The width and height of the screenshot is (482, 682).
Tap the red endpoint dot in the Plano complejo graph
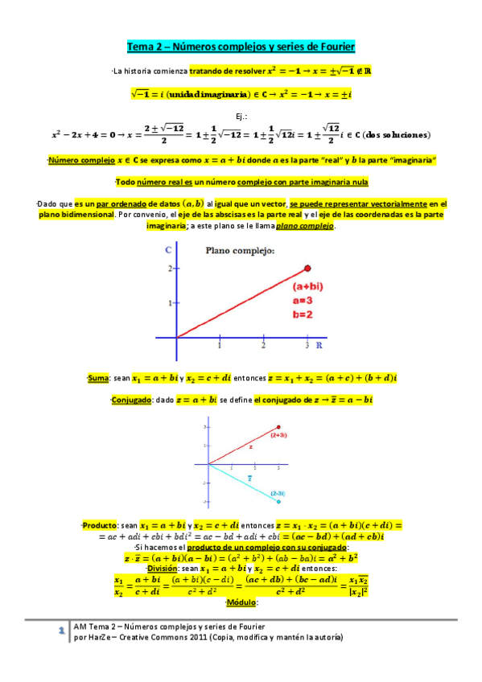307,268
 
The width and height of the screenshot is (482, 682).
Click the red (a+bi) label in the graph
307,286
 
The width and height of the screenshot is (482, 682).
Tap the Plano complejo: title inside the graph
240,251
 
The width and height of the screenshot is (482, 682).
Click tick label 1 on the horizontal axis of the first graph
220,346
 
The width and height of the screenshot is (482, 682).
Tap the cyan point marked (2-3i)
278,501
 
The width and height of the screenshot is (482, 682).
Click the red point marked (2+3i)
278,427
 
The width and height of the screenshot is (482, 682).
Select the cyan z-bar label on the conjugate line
249,478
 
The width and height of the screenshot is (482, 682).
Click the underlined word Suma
98,377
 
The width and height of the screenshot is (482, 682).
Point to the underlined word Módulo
240,602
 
